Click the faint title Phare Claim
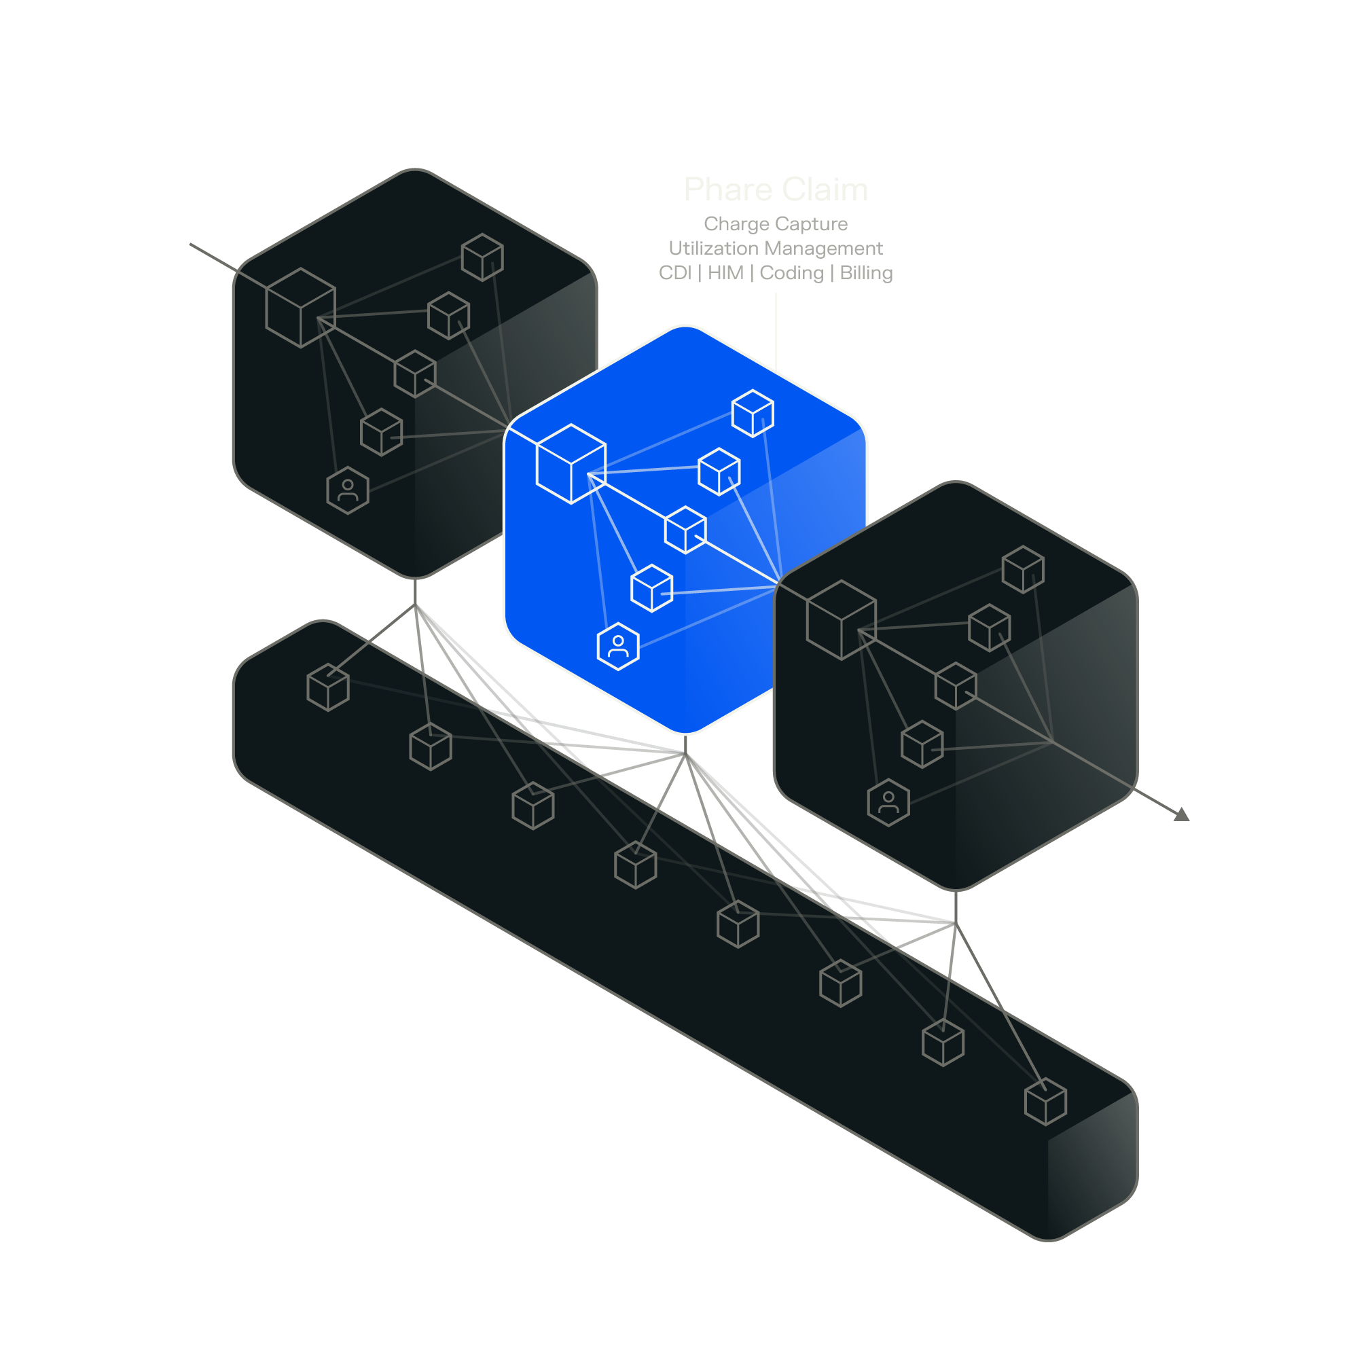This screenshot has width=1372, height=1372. (x=776, y=190)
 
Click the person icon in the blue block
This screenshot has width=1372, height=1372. (x=618, y=646)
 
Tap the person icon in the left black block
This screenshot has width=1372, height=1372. (x=348, y=490)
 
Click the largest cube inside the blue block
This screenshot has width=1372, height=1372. (x=571, y=465)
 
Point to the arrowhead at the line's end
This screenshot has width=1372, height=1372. (x=1182, y=815)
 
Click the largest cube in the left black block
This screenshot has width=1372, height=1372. (x=300, y=308)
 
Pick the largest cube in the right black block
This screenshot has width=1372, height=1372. (x=842, y=620)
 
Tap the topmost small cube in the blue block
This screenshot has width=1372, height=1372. (x=753, y=414)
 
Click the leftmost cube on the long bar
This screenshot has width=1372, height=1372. (x=328, y=687)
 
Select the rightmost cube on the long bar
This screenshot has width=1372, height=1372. (x=1045, y=1102)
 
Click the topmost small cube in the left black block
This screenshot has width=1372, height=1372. (x=482, y=257)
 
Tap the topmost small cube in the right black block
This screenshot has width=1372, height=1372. (x=1023, y=570)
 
